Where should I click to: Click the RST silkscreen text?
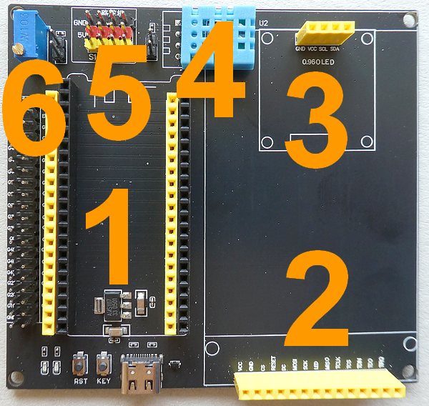[x=81, y=382]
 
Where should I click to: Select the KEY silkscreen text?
[x=104, y=382]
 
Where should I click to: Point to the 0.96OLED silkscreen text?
[x=317, y=61]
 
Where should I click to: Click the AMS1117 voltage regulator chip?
[x=113, y=304]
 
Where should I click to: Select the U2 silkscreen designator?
[x=264, y=23]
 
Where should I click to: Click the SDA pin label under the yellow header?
[x=335, y=49]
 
